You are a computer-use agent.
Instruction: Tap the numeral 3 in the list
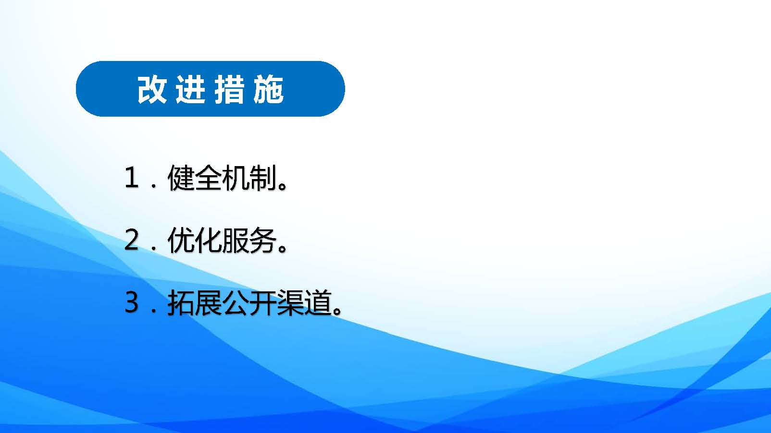(x=131, y=302)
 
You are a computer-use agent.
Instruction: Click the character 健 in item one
(x=181, y=177)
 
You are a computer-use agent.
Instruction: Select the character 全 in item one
(x=208, y=177)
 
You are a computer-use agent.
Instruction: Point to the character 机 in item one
(x=236, y=177)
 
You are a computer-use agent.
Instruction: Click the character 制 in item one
(x=262, y=177)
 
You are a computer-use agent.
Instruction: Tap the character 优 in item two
(x=181, y=240)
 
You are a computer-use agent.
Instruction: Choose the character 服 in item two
(x=236, y=240)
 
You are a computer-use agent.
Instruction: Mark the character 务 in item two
(x=262, y=240)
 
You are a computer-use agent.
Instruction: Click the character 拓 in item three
(x=181, y=302)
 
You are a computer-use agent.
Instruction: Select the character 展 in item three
(x=208, y=302)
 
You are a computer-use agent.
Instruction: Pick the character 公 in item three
(x=236, y=302)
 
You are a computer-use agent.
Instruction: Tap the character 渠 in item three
(x=290, y=302)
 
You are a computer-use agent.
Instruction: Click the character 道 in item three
(x=317, y=302)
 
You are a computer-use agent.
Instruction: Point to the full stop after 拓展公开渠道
(x=337, y=310)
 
